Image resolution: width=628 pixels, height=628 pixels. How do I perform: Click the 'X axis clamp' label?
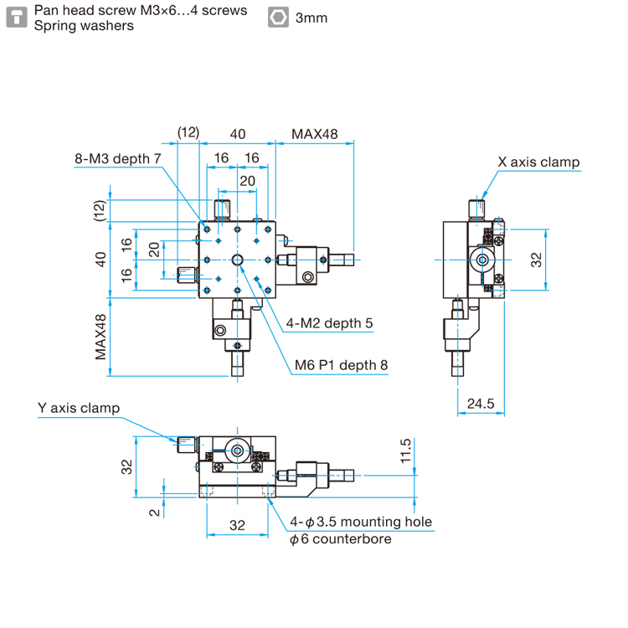click(538, 162)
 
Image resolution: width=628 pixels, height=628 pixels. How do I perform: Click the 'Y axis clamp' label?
click(79, 408)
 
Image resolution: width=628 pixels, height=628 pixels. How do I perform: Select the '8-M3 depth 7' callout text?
click(117, 158)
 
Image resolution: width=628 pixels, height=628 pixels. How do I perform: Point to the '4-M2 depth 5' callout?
click(329, 322)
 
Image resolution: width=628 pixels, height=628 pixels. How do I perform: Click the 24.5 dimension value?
click(481, 404)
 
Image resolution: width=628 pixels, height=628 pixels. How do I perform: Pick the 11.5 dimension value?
click(406, 450)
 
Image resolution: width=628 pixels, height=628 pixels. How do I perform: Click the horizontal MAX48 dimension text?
click(314, 133)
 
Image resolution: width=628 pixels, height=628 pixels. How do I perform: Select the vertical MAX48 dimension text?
click(100, 337)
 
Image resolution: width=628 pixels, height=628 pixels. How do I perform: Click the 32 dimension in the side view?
click(537, 260)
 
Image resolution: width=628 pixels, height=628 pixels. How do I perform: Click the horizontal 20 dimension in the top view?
click(247, 181)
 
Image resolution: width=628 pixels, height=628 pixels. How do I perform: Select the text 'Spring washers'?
click(84, 25)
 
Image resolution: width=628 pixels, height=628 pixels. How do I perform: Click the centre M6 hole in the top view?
click(239, 260)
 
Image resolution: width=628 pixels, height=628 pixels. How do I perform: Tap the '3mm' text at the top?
click(311, 18)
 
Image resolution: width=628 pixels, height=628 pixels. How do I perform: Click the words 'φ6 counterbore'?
click(341, 539)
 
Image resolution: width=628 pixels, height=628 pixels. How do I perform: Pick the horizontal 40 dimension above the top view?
click(238, 133)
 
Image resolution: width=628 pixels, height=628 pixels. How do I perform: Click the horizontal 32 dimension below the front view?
click(238, 525)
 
